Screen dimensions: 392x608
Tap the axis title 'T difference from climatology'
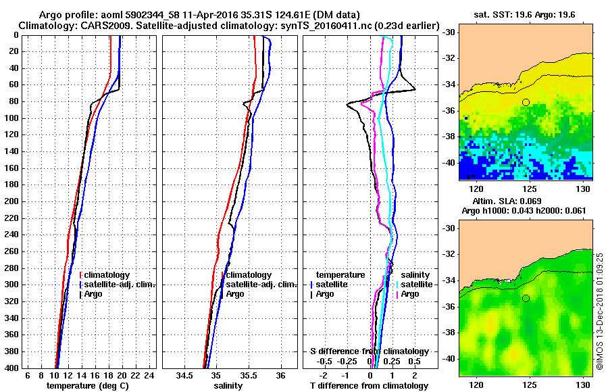pos(369,385)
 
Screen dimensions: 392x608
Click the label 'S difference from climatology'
pos(369,351)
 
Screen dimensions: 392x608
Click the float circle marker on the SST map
pos(526,102)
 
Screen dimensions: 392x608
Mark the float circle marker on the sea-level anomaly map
pos(526,298)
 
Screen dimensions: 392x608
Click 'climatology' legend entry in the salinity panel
pos(249,275)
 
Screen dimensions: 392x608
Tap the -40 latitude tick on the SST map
pos(449,163)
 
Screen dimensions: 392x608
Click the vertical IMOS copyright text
pos(599,312)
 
